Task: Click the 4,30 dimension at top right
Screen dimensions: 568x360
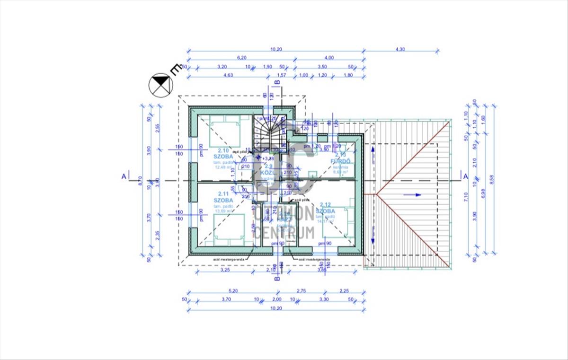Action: [400, 49]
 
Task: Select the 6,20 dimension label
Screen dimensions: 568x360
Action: [241, 58]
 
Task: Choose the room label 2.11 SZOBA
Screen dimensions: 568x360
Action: [223, 197]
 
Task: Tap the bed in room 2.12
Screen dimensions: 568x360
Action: [339, 223]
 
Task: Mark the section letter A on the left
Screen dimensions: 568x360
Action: [124, 176]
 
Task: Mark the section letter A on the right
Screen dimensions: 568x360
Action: [465, 176]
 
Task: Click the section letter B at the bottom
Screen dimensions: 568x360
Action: [277, 279]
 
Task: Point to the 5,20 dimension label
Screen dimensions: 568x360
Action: [233, 290]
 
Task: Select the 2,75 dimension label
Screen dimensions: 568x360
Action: [302, 290]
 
